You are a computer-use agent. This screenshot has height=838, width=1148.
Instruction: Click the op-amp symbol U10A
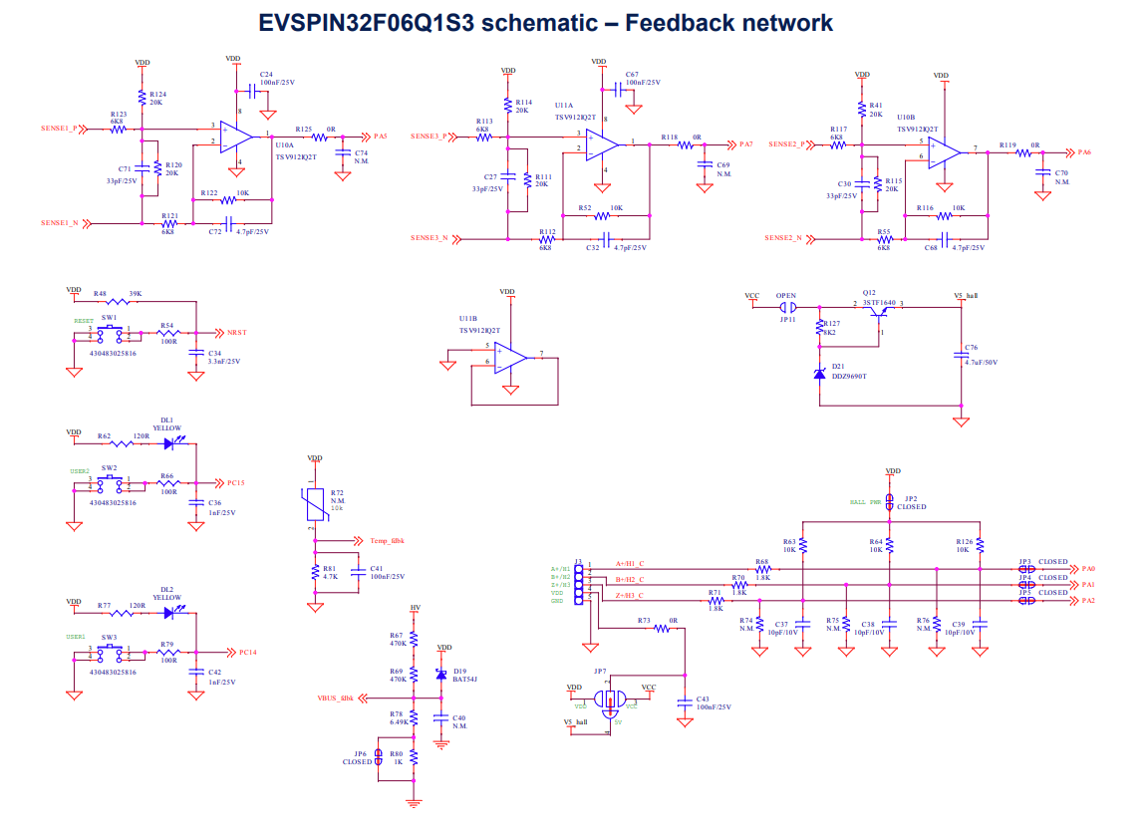236,136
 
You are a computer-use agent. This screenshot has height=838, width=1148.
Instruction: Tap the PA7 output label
746,144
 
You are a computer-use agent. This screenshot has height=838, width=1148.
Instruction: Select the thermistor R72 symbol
316,505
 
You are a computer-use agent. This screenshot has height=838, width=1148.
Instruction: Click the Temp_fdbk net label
387,541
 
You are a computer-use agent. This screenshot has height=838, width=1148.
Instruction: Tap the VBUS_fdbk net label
335,698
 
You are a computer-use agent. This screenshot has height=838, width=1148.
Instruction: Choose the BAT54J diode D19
442,676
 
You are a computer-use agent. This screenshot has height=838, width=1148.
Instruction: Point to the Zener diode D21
819,374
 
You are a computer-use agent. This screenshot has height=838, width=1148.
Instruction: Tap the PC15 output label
235,483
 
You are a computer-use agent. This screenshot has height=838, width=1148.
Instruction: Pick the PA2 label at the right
1087,601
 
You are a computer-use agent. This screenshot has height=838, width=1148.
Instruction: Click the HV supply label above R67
416,607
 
